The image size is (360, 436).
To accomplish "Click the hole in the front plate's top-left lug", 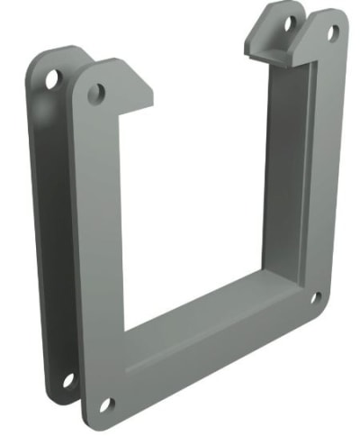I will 95,92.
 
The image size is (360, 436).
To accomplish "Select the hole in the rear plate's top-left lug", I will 51,79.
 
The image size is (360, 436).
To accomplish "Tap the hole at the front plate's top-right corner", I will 332,33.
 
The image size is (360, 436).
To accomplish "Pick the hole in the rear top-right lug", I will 291,24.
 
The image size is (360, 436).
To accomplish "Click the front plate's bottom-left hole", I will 105,404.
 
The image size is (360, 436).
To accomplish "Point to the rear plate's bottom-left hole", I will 68,379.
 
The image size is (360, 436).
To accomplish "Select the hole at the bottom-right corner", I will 316,297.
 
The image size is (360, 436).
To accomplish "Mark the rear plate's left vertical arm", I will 45,225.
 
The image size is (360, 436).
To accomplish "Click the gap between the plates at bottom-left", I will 81,396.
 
